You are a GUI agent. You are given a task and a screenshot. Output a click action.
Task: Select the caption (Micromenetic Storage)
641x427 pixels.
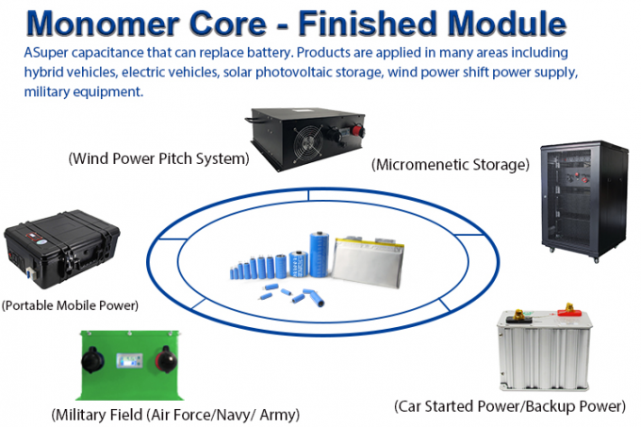pyautogui.click(x=451, y=165)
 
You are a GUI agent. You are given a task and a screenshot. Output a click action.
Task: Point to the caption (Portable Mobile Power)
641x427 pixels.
pyautogui.click(x=70, y=305)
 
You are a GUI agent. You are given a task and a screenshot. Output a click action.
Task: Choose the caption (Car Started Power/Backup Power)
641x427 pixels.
pyautogui.click(x=510, y=407)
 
